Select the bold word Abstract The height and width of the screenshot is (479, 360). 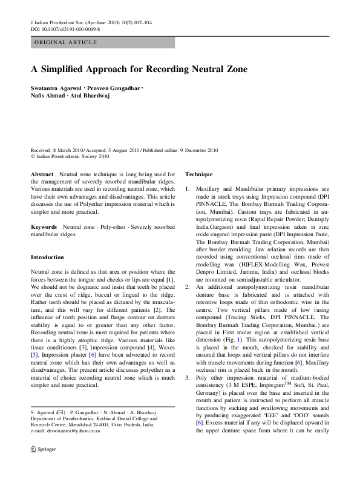tap(42, 174)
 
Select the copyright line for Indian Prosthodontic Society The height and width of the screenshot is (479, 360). tap(70, 156)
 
